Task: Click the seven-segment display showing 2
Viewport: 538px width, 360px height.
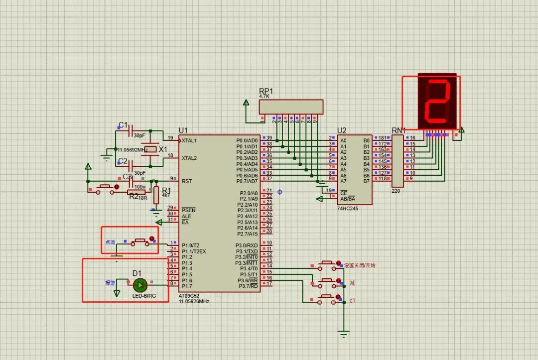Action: click(438, 102)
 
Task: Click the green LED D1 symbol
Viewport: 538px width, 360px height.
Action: click(140, 285)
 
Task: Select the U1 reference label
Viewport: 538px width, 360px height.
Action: click(183, 130)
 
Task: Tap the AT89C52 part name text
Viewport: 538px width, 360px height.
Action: click(191, 296)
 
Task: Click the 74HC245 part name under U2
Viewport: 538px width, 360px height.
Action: click(347, 209)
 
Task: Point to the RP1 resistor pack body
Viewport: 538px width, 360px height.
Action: click(291, 107)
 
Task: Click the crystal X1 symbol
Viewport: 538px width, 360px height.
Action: click(149, 149)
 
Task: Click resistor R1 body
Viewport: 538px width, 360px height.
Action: click(156, 195)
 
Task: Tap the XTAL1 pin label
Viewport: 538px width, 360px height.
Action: click(189, 140)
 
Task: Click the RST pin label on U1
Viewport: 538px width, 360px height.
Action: click(187, 181)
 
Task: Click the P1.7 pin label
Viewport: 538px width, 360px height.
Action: click(187, 286)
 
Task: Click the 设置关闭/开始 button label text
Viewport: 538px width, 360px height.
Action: click(360, 265)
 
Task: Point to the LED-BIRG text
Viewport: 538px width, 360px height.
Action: click(144, 296)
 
